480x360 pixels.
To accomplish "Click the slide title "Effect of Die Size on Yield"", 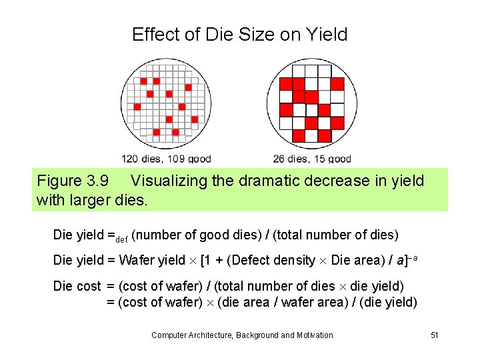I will tap(240, 35).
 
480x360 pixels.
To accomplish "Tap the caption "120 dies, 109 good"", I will tap(166, 159).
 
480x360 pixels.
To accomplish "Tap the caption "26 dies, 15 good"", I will tap(312, 159).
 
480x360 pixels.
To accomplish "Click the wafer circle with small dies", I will tap(167, 103).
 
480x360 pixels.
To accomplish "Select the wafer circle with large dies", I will tap(311, 103).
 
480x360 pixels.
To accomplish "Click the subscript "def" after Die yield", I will tap(123, 238).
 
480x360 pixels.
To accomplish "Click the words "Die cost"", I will tap(77, 286).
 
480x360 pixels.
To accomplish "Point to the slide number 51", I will tap(434, 335).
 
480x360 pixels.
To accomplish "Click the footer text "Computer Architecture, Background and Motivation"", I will tap(242, 335).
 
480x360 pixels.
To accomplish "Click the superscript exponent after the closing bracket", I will tap(413, 257).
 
